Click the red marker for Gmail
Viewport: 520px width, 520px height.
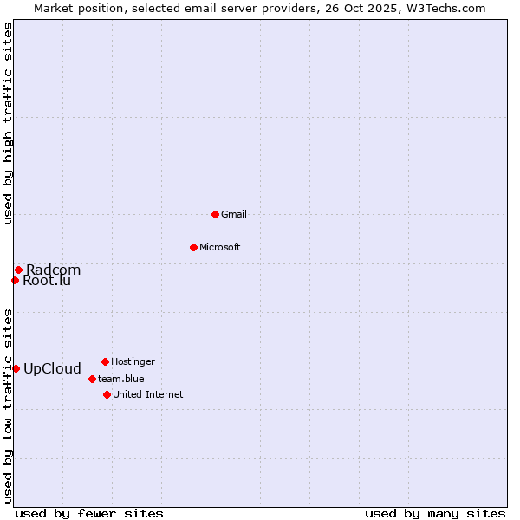[215, 214]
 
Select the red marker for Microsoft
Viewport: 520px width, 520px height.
[193, 247]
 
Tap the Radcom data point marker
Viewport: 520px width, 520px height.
[18, 270]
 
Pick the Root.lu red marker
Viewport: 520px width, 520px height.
[15, 280]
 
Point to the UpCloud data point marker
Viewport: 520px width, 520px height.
[16, 368]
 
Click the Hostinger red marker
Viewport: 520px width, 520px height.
[105, 361]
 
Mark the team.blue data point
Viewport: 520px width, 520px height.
[92, 379]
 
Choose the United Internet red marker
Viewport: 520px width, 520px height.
[107, 394]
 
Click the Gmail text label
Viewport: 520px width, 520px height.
[234, 214]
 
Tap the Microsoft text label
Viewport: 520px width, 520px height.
[220, 247]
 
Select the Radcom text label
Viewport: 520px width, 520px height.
[53, 270]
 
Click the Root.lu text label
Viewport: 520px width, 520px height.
[47, 280]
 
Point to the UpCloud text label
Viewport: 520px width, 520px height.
[52, 368]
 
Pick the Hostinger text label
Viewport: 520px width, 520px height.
[133, 361]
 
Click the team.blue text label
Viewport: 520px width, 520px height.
[121, 379]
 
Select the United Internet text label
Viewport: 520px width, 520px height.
[147, 394]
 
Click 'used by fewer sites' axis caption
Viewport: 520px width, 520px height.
[89, 513]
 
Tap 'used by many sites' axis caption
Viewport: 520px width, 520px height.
[435, 513]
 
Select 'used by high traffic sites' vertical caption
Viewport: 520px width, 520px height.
[9, 123]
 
